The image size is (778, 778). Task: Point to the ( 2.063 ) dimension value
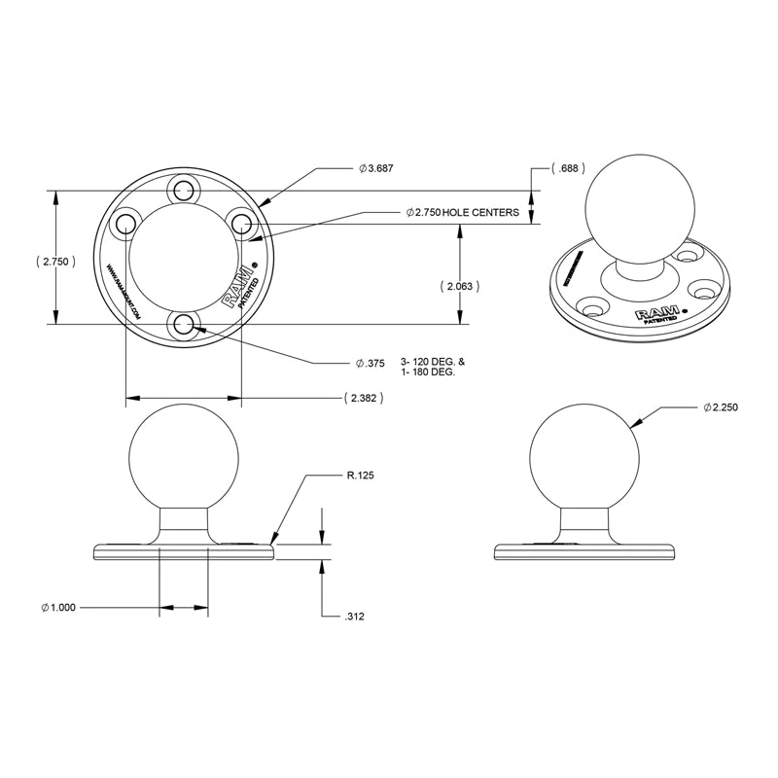[457, 286]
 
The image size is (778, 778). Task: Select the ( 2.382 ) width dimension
[361, 398]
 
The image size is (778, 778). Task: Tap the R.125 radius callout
[360, 476]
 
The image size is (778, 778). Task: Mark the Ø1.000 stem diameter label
[60, 609]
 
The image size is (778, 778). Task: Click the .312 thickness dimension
[356, 617]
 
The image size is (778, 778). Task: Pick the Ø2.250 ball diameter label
[721, 408]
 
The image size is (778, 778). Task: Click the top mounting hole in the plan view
[183, 189]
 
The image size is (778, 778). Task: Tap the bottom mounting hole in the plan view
[183, 325]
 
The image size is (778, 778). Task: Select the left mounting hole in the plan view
[124, 223]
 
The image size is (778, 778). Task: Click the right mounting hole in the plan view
[242, 223]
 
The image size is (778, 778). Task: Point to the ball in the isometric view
[642, 207]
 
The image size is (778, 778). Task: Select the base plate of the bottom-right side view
[583, 551]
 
